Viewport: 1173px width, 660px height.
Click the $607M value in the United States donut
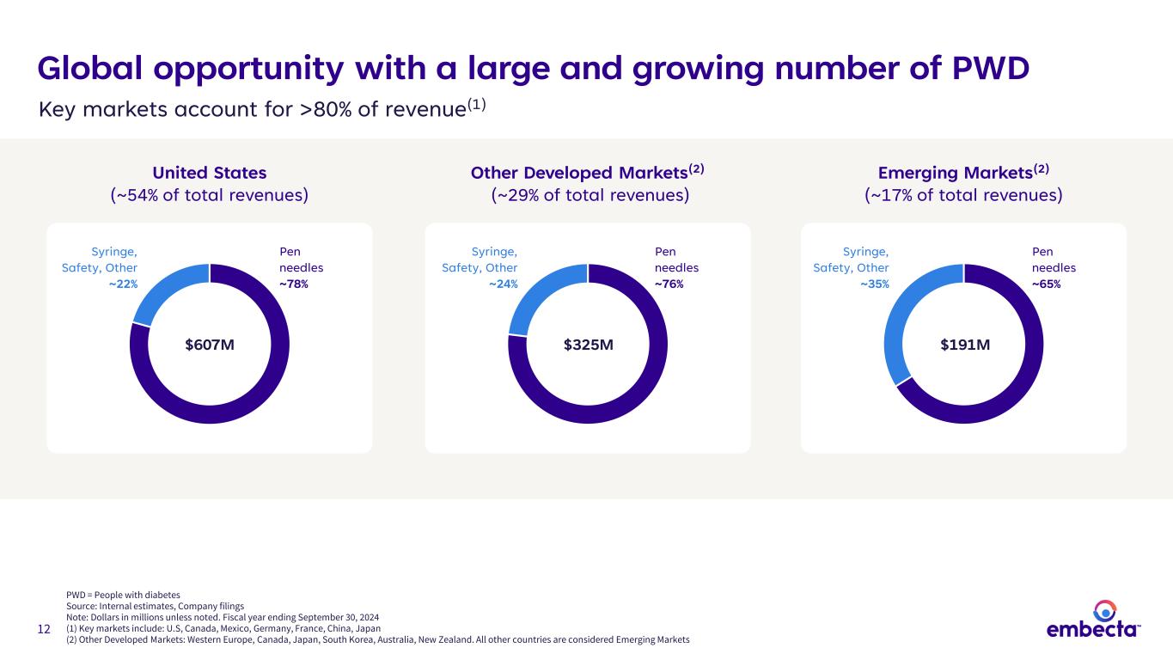click(x=210, y=345)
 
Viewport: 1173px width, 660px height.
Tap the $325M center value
click(x=588, y=345)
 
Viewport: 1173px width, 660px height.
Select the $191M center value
click(x=964, y=345)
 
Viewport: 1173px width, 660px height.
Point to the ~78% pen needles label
click(x=294, y=284)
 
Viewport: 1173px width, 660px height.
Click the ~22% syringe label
click(x=123, y=284)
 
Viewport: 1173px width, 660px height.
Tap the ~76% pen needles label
click(x=669, y=284)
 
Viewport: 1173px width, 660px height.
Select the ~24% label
click(x=503, y=284)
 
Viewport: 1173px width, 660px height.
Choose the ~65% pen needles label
click(x=1046, y=284)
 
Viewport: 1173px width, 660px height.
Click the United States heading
click(x=210, y=173)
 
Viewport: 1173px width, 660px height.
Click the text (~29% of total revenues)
click(x=590, y=196)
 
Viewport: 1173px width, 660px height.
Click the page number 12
click(x=44, y=630)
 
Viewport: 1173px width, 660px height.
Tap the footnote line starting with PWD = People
click(x=123, y=594)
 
